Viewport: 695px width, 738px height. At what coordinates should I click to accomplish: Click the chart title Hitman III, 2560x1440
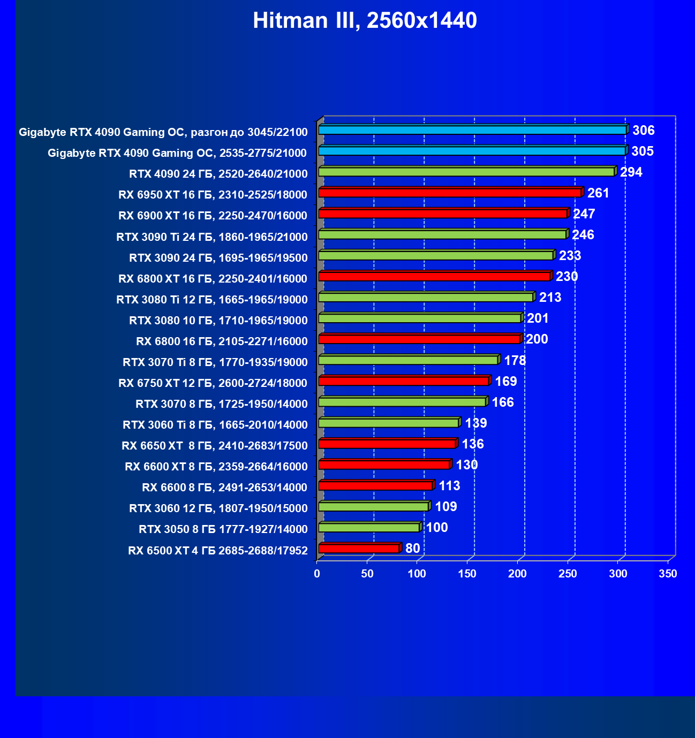365,20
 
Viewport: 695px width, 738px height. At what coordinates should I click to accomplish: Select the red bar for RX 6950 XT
450,193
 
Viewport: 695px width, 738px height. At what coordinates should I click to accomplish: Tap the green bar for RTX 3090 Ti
442,234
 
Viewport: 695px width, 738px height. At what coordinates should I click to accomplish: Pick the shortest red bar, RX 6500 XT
359,548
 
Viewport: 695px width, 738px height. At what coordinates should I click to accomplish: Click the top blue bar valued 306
472,130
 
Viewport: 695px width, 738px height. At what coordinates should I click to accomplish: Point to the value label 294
631,172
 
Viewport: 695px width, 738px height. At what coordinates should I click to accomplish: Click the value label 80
412,548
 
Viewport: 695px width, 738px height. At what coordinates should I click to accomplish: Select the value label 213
550,297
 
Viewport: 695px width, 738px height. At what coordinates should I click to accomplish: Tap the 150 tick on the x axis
467,574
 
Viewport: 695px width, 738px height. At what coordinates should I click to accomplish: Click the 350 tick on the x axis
668,574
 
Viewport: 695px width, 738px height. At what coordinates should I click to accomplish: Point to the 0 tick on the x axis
317,574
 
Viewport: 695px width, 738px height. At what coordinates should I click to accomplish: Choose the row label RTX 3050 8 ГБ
223,529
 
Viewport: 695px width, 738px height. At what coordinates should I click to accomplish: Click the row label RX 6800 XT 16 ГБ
213,278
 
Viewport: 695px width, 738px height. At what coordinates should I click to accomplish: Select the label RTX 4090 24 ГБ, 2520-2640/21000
218,173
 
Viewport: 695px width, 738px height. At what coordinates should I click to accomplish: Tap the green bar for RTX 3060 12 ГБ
373,506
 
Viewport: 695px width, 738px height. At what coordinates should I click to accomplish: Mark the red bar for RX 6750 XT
404,381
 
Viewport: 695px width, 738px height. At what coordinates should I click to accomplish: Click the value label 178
515,360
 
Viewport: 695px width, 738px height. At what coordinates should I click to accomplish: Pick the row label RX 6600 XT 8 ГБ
216,467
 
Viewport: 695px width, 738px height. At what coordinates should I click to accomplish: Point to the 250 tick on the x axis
568,574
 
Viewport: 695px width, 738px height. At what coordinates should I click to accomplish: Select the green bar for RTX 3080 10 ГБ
419,318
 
